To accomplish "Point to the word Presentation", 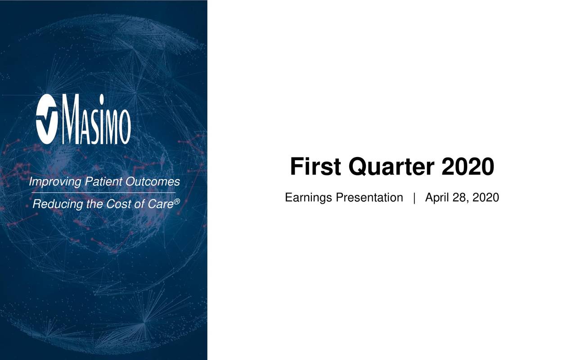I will tap(369, 198).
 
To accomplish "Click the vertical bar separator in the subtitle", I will tap(414, 198).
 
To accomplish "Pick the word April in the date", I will tap(437, 198).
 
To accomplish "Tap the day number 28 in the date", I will tap(460, 198).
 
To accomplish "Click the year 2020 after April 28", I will tap(486, 198).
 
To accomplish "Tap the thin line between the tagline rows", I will tap(103, 193).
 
